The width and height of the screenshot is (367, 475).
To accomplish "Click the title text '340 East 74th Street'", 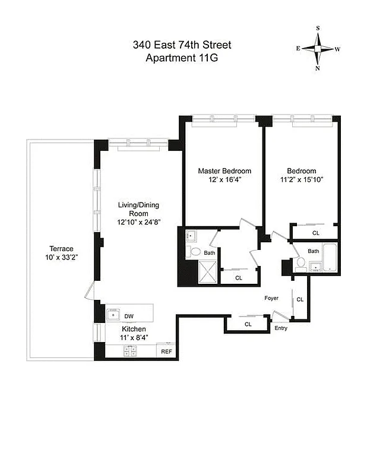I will (182, 45).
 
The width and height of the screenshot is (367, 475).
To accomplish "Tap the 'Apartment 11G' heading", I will (182, 58).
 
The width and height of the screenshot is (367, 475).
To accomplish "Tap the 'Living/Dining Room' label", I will (138, 209).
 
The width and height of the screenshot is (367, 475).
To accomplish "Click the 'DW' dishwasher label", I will (129, 316).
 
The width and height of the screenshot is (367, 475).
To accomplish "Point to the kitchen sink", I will (113, 314).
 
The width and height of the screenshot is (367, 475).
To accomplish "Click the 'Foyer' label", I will (272, 297).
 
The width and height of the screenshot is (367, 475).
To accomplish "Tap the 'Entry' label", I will (280, 328).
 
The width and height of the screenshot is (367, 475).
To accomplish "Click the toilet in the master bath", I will (195, 252).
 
